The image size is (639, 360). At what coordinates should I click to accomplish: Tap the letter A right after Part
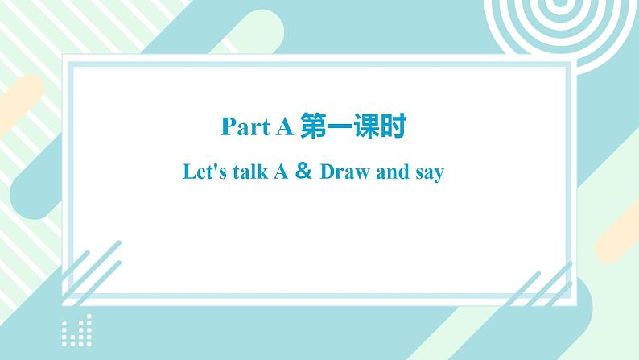click(x=284, y=126)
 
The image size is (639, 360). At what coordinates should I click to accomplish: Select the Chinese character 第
click(x=313, y=126)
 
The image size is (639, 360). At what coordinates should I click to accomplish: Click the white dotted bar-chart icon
click(x=76, y=329)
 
